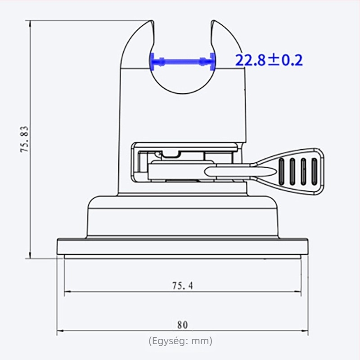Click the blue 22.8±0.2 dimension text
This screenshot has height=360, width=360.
pos(269,60)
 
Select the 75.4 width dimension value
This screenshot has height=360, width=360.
pos(182,285)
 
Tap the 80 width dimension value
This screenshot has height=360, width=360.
pos(182,325)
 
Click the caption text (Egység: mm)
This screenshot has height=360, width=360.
pos(180,341)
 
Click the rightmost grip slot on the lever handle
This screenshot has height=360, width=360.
pos(315,171)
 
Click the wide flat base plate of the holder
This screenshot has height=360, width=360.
pos(182,246)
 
